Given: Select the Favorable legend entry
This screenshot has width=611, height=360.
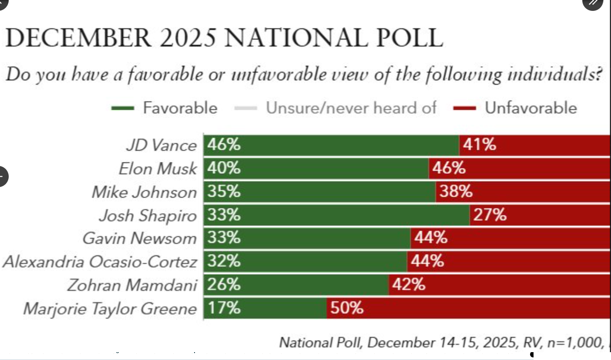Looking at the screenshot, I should coord(179,108).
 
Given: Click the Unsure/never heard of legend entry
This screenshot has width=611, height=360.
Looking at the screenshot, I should coord(351,108).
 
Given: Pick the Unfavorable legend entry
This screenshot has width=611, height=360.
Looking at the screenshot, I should coord(530,108).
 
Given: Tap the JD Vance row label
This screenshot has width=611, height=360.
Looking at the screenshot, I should coord(161,145).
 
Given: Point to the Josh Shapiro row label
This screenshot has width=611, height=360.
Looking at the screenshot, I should coord(148,215).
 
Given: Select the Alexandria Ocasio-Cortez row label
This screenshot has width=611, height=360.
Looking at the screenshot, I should coord(100,262).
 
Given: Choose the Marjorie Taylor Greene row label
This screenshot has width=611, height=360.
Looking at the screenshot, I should coord(109,309).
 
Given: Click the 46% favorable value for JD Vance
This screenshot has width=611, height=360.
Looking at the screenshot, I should coord(223,145).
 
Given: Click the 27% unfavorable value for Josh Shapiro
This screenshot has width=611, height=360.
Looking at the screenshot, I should coord(490,215).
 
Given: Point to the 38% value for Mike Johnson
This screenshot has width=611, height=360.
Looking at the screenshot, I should coord(456,191).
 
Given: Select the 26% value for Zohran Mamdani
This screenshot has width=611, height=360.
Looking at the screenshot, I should coord(223,285).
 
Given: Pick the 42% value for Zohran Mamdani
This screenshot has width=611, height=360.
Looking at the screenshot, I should coord(408,285).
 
